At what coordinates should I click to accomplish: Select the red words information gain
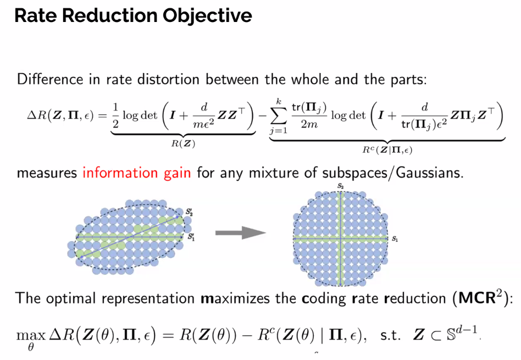(x=136, y=173)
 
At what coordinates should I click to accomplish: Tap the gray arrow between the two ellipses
(x=240, y=234)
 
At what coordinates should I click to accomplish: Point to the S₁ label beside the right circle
(x=395, y=240)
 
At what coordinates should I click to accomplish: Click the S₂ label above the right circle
(x=341, y=187)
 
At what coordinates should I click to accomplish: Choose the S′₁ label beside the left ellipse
(x=190, y=237)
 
